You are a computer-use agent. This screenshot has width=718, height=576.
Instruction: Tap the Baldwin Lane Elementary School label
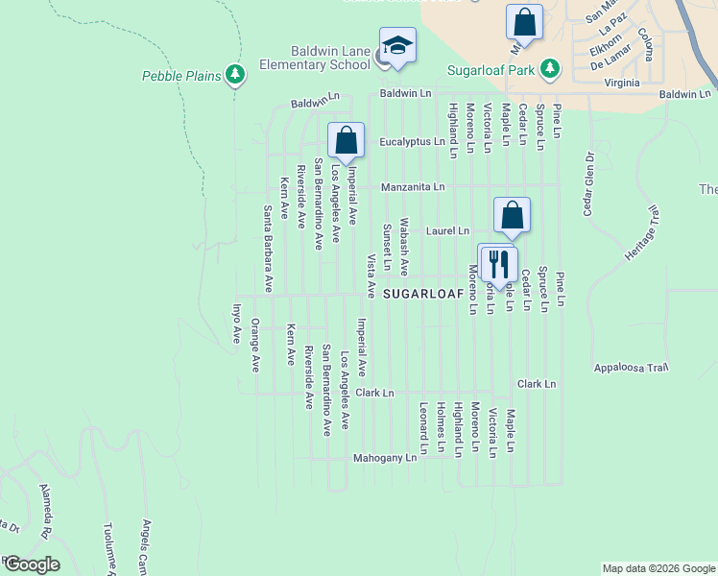315,58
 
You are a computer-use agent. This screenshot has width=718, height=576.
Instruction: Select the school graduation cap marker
397,45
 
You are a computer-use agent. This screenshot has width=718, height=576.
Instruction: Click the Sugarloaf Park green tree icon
550,69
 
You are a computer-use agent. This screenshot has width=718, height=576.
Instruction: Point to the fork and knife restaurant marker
497,263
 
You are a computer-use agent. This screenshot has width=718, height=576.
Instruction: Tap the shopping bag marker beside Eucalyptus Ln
346,140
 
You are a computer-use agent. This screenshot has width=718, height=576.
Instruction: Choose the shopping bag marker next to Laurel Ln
512,216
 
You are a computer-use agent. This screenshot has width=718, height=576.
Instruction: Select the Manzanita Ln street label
413,186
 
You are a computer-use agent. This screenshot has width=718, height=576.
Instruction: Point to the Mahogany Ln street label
385,458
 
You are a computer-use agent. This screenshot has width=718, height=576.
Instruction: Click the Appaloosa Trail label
630,368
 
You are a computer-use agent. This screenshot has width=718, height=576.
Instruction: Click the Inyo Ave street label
236,324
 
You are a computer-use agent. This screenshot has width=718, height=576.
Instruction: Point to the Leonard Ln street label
422,428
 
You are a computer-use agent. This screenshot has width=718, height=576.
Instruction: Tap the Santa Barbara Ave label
269,249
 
